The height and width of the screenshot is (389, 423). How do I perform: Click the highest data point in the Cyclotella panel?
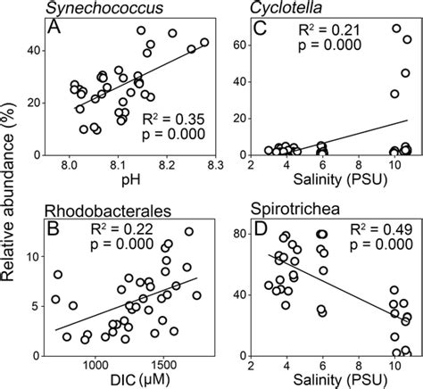point(396,29)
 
